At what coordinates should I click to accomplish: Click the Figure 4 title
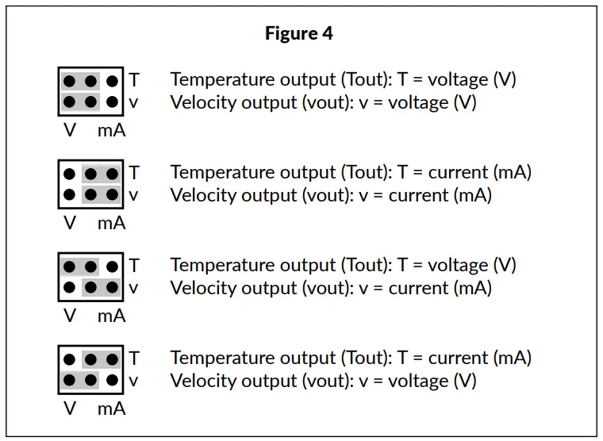pos(299,33)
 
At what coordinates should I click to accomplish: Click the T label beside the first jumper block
pos(134,80)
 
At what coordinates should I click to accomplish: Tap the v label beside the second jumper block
pos(133,195)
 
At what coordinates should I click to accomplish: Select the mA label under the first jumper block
pos(111,131)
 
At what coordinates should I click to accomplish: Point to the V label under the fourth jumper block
pos(70,409)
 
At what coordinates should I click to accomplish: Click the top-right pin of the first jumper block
pos(112,81)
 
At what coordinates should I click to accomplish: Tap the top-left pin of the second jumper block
pos(70,174)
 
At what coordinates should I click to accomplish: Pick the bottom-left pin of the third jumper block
pos(70,287)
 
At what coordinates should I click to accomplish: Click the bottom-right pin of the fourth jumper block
pos(112,381)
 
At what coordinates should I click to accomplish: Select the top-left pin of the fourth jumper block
pos(70,359)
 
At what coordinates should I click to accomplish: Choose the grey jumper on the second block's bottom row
pos(102,194)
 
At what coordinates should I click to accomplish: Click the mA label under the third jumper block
pos(111,316)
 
